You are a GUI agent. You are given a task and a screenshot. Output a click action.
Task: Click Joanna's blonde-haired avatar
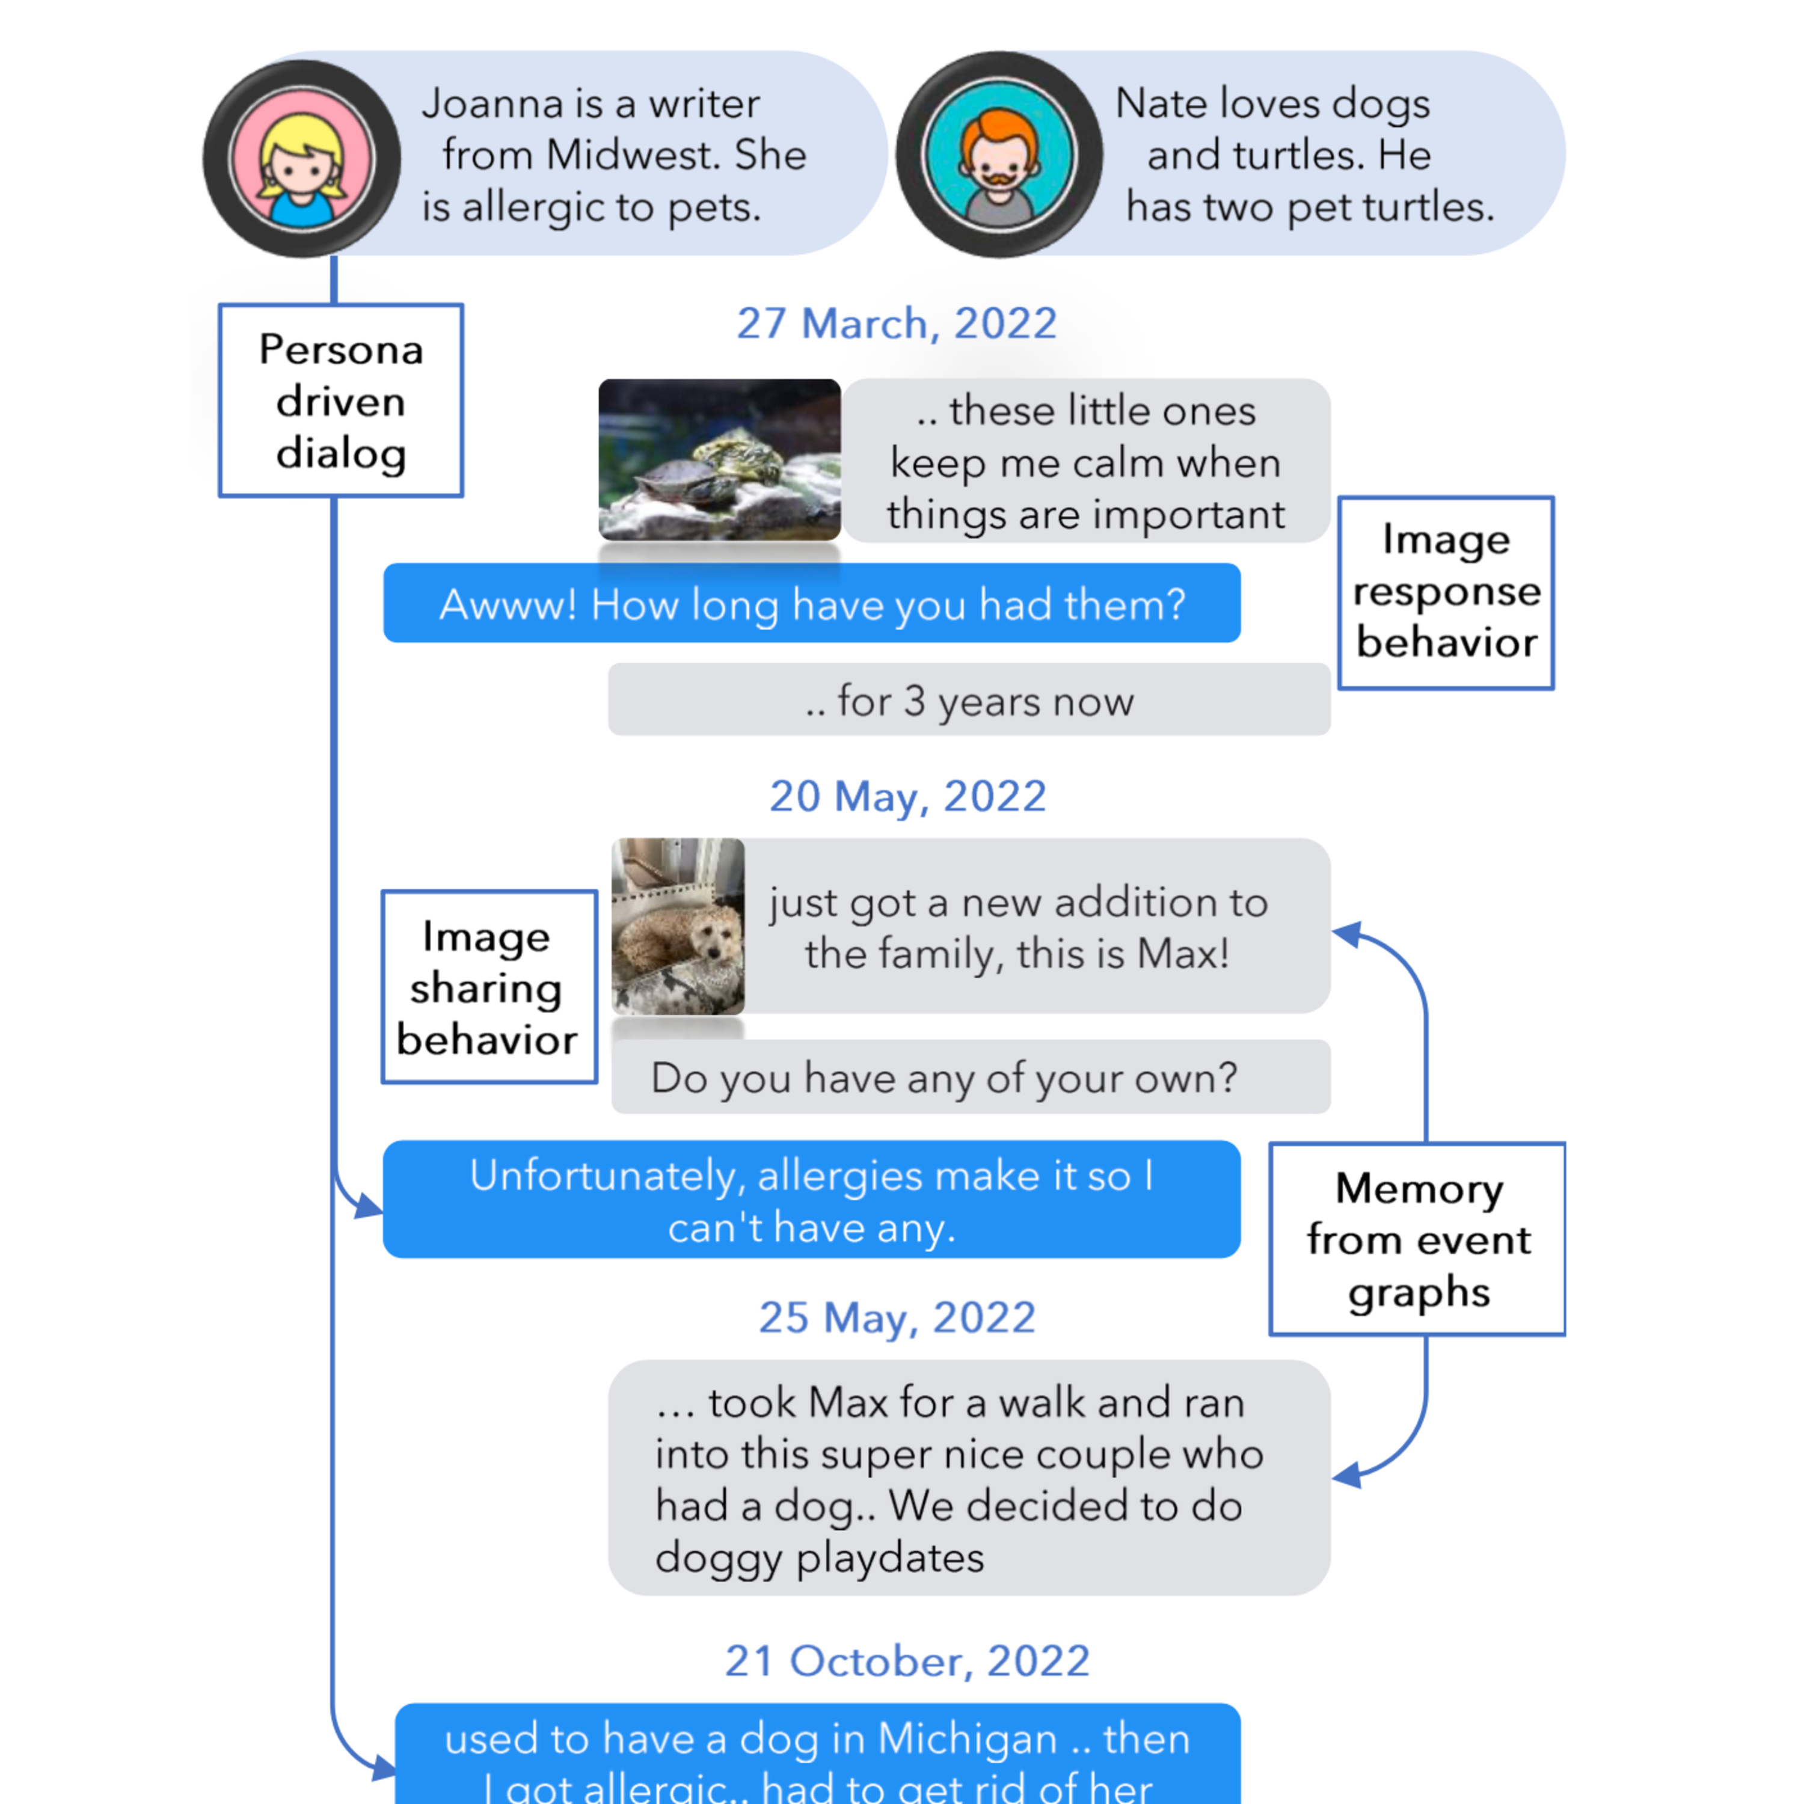[302, 159]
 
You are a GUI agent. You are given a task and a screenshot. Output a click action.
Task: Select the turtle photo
[719, 459]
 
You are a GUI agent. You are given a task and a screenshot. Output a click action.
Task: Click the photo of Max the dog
[678, 925]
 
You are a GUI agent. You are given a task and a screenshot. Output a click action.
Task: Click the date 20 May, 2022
[907, 797]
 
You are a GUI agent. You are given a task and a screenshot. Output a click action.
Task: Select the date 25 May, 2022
[897, 1318]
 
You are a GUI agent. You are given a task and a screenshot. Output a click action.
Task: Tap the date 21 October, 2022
[907, 1661]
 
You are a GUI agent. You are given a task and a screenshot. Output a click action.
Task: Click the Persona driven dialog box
[341, 400]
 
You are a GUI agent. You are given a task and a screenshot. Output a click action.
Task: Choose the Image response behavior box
[1446, 592]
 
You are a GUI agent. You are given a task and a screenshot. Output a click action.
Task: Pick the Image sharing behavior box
[488, 987]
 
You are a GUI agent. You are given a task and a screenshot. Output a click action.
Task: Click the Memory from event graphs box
[1417, 1239]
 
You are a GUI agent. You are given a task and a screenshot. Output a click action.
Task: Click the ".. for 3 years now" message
[968, 701]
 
